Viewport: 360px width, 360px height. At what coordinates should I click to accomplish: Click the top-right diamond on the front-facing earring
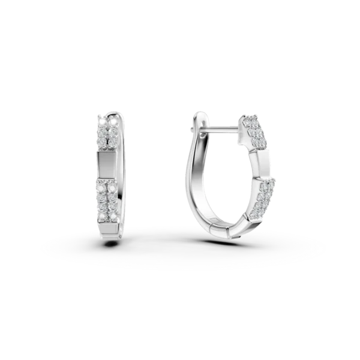pyautogui.click(x=113, y=121)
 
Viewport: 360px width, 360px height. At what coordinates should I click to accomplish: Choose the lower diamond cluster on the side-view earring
pyautogui.click(x=260, y=195)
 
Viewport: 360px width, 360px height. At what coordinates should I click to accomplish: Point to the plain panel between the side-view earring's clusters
pyautogui.click(x=263, y=162)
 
